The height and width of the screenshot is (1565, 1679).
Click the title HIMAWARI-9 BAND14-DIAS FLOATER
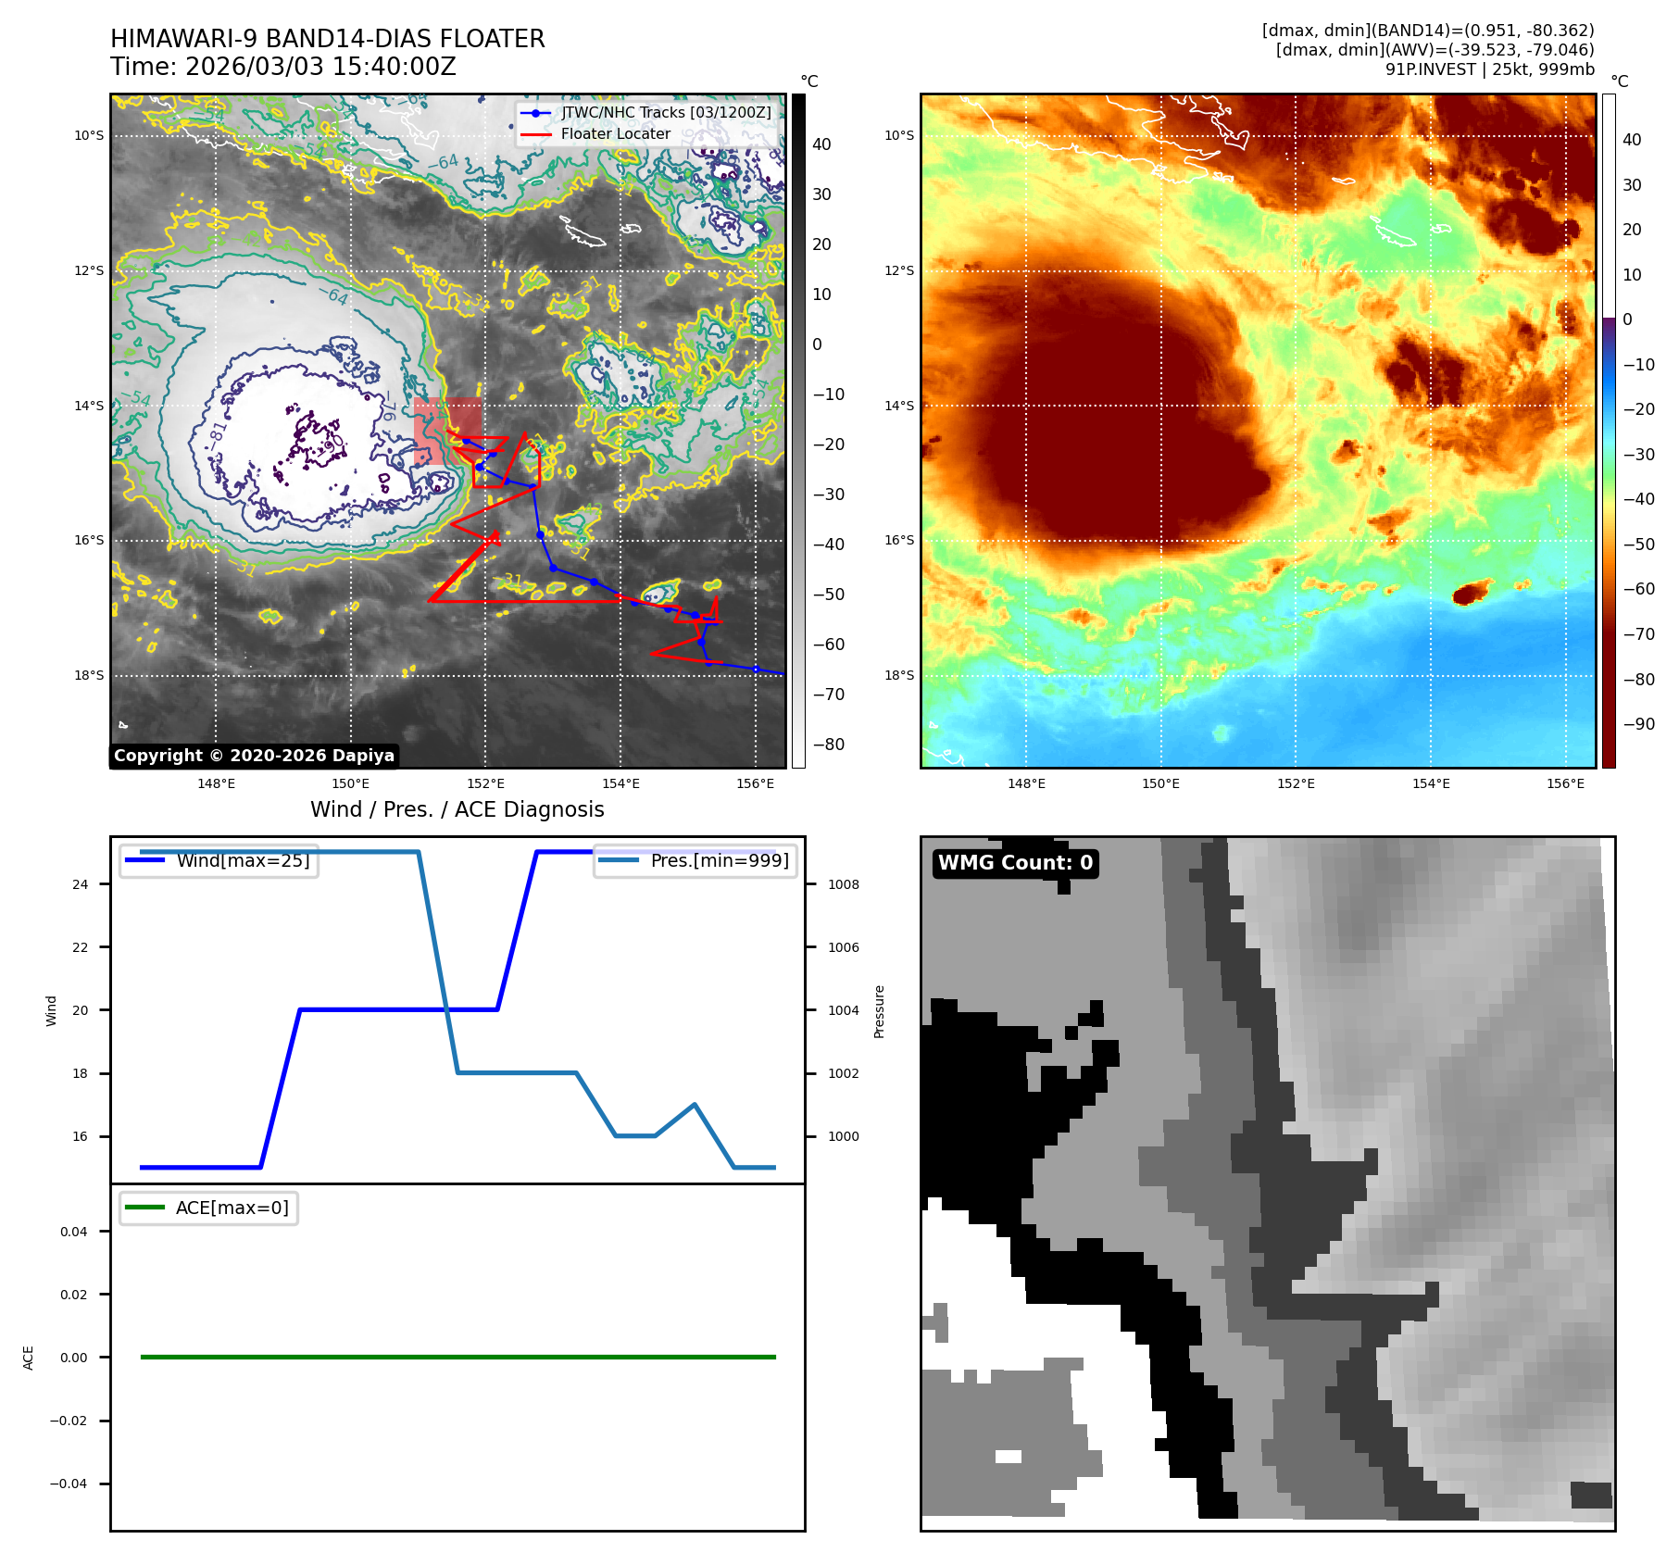click(327, 39)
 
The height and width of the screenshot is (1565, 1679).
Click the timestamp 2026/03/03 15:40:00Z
click(320, 67)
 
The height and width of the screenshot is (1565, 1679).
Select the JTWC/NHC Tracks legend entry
click(665, 112)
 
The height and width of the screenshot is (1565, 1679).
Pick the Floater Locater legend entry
click(615, 133)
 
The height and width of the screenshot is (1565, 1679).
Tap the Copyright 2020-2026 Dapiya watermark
click(254, 756)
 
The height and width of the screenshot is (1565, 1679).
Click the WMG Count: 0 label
click(1015, 863)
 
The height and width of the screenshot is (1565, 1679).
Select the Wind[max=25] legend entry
click(243, 860)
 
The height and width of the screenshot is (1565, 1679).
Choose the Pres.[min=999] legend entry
click(719, 860)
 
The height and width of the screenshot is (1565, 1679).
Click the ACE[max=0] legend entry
click(232, 1208)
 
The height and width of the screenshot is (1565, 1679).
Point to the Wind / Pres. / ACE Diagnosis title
click(457, 809)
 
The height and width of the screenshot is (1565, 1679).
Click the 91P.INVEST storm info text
click(1489, 69)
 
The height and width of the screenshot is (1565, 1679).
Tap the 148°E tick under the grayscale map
click(216, 783)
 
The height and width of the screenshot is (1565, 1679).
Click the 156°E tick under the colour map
click(1565, 783)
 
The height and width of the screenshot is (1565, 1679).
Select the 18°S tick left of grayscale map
click(89, 675)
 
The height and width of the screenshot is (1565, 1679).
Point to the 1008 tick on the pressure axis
click(843, 884)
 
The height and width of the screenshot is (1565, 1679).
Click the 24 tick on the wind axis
click(81, 884)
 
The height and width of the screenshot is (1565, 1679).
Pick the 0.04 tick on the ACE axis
click(74, 1232)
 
